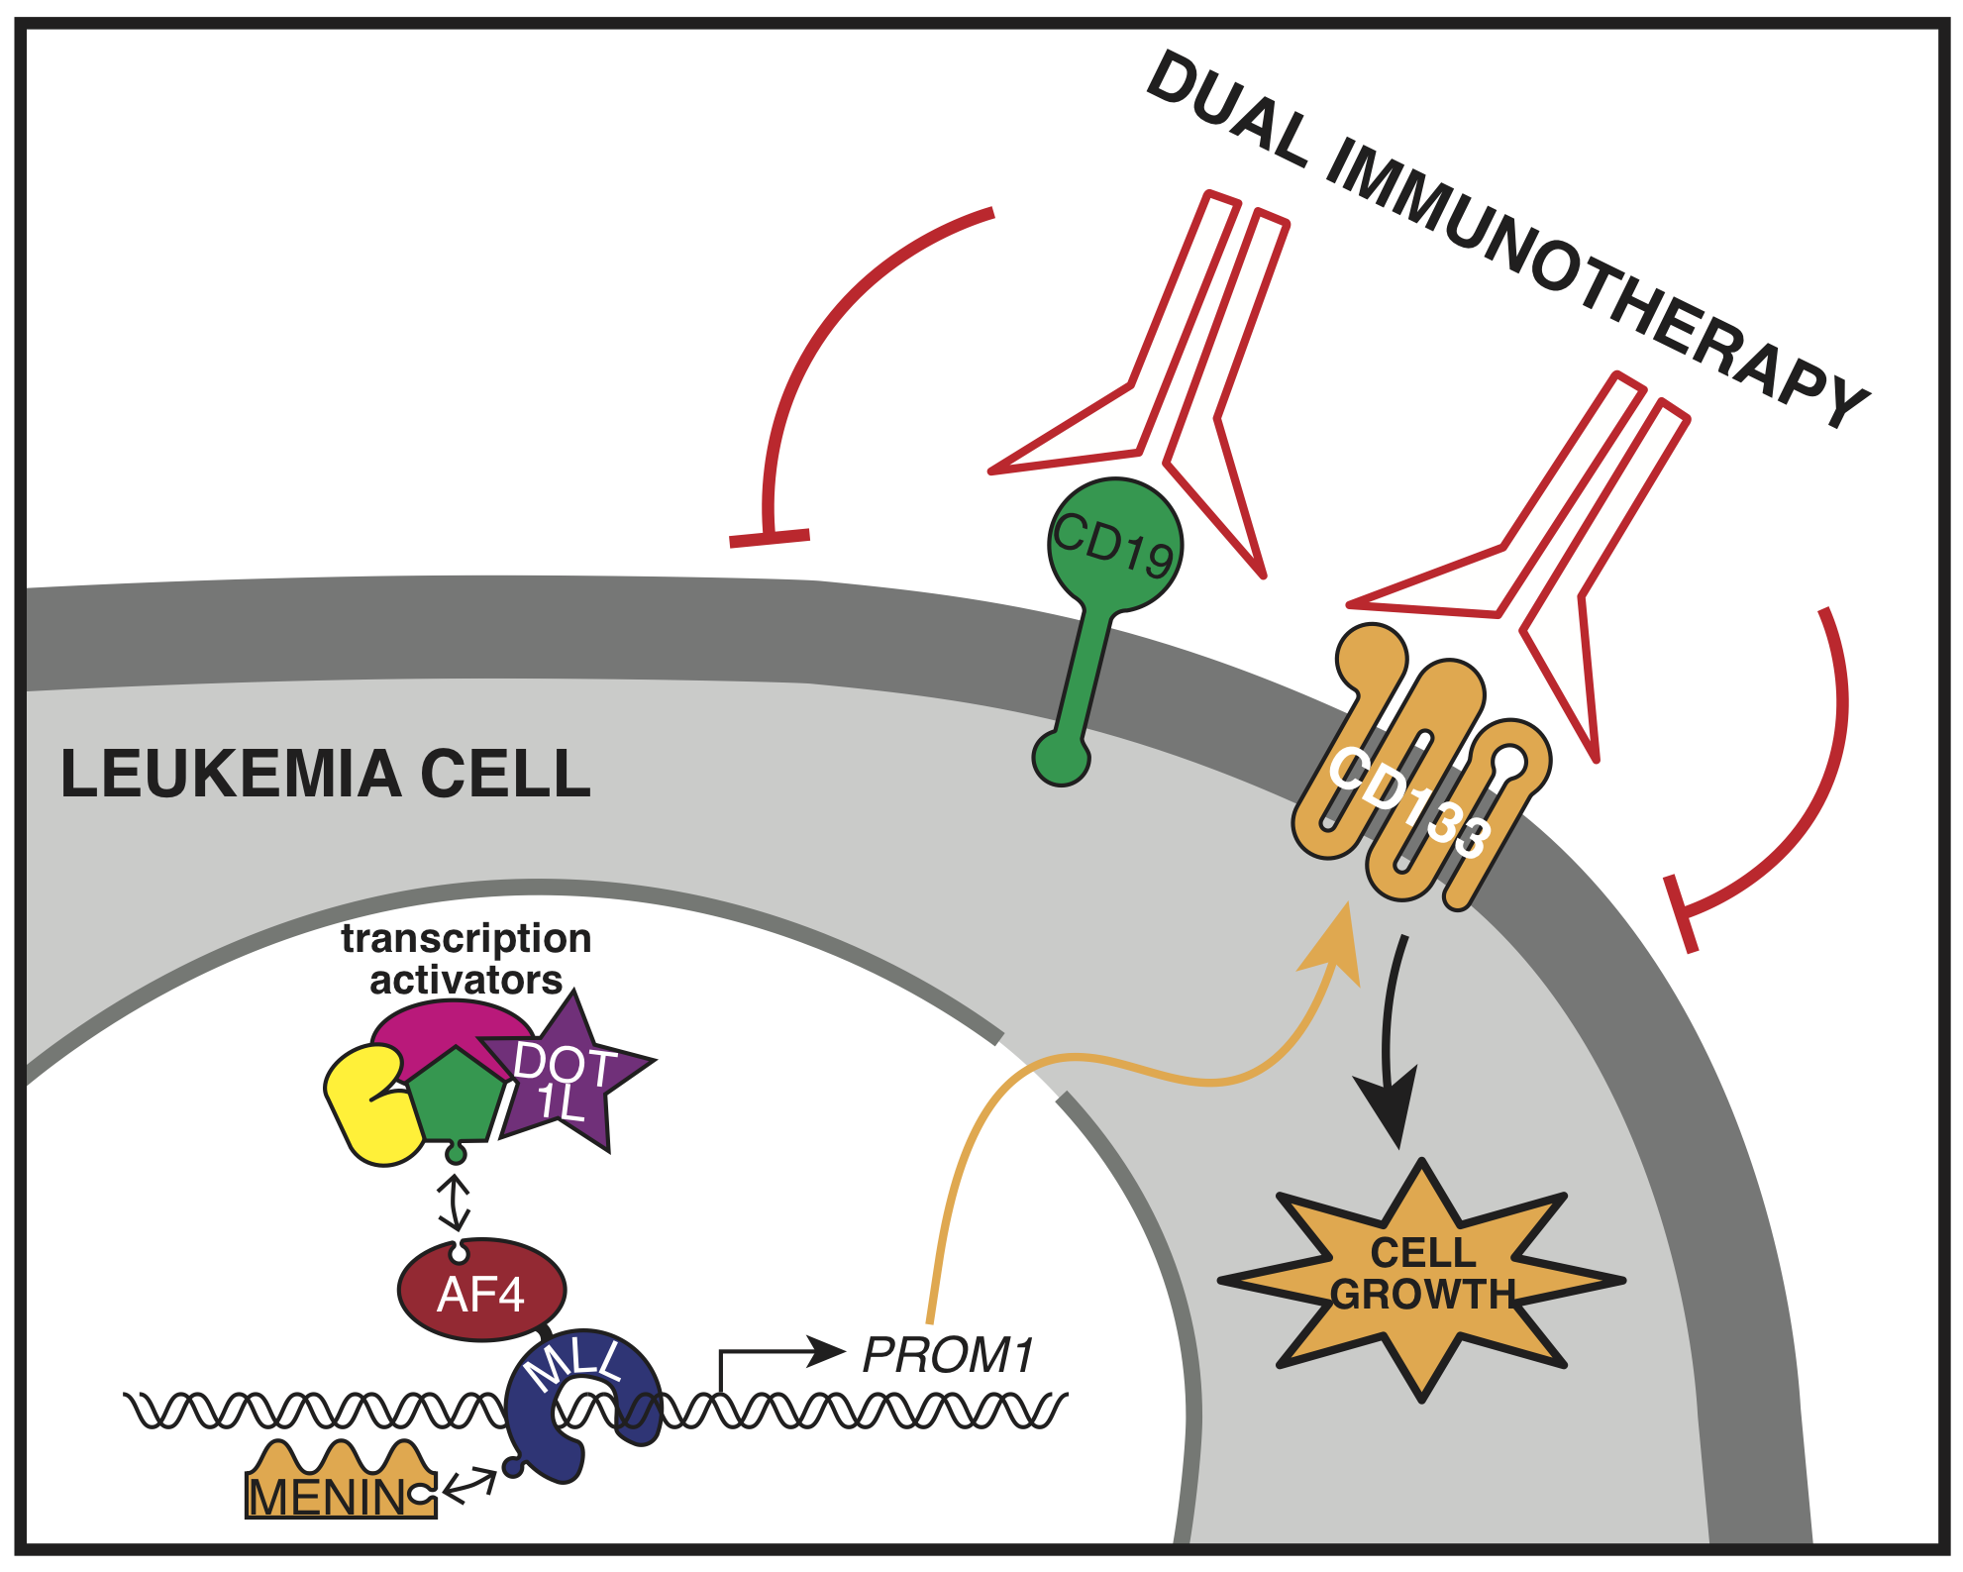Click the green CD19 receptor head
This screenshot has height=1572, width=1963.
1115,545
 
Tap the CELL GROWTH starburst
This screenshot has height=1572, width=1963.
1422,1278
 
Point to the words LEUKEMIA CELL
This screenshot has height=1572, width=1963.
326,774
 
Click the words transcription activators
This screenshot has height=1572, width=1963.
465,959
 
